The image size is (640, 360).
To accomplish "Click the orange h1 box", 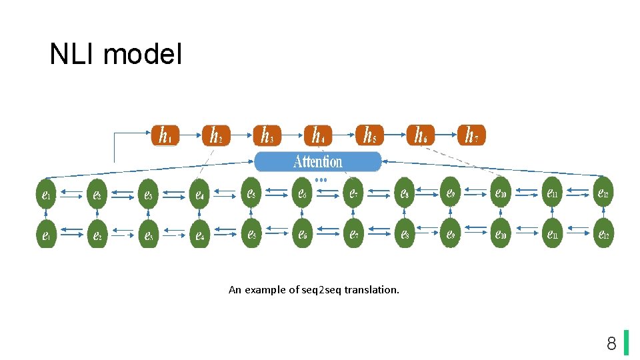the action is click(164, 135).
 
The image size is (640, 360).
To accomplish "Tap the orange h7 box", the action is click(471, 135).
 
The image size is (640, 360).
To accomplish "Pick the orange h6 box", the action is click(421, 135).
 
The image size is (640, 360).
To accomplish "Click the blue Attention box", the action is click(318, 162).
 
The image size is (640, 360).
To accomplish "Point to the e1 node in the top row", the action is click(45, 195).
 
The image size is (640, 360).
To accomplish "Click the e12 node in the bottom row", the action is click(603, 234).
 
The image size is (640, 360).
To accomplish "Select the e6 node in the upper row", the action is click(302, 194).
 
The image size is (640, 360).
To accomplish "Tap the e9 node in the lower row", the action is click(451, 234).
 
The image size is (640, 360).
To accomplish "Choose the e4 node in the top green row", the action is click(199, 195).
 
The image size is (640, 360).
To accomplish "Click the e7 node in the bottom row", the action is click(353, 234).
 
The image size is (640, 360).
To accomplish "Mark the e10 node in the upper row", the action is click(501, 194).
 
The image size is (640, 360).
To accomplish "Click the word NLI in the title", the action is click(72, 55).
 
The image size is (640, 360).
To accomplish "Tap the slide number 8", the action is click(611, 344).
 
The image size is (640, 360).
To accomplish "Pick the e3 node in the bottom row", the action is click(147, 235).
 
